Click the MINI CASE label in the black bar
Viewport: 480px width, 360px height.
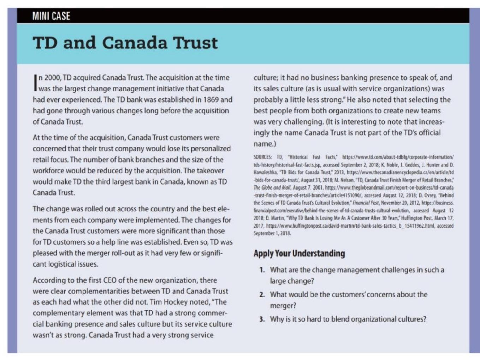(51, 16)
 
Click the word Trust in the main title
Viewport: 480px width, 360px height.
(195, 43)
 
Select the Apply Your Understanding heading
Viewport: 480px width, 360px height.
(299, 253)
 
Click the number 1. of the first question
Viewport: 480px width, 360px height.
(262, 270)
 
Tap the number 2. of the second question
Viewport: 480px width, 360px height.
(262, 295)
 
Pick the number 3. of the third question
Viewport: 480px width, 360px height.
(262, 319)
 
